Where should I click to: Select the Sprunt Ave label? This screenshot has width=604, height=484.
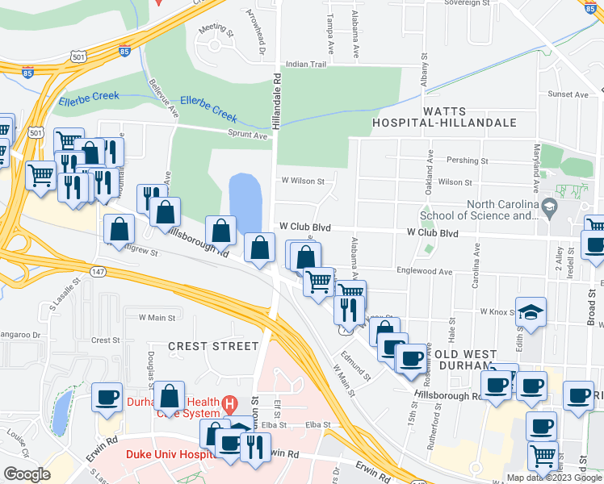247,136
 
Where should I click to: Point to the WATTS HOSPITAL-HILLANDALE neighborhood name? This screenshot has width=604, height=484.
443,115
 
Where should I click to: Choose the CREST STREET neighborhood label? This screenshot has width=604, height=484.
213,346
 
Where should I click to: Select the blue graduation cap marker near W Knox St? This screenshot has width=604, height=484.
531,312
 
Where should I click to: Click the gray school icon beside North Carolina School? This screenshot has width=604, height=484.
550,207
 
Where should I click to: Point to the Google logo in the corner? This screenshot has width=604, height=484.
27,474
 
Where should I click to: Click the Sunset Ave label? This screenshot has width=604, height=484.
568,94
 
